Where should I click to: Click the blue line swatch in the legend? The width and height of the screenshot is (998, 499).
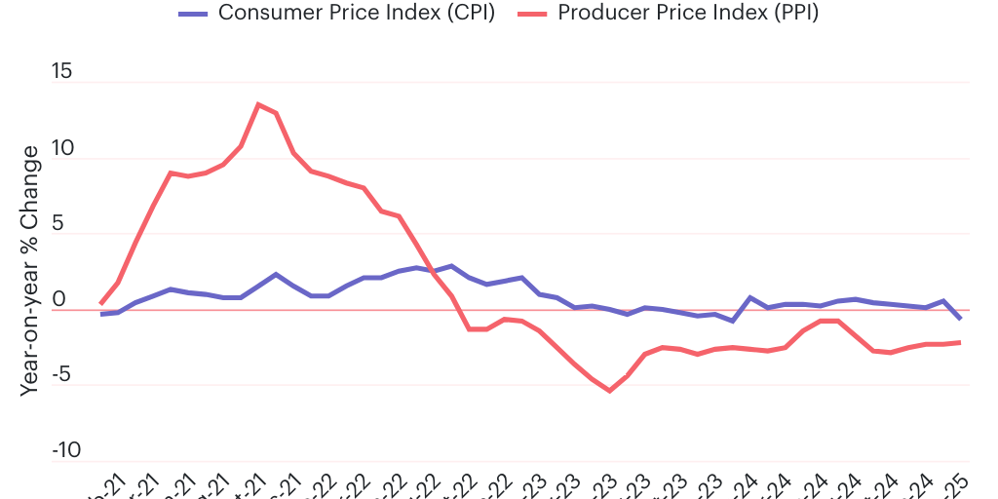click(194, 14)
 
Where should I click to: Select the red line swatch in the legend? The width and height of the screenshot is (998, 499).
click(533, 14)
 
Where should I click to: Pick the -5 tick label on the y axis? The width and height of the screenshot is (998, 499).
click(62, 375)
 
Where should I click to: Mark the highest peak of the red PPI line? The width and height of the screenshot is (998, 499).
click(258, 104)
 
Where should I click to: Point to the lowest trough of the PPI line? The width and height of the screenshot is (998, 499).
click(610, 391)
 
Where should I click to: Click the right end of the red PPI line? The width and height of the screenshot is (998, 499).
click(961, 342)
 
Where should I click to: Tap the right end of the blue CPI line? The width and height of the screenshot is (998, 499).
click(961, 319)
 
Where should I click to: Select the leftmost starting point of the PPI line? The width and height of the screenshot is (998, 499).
click(101, 304)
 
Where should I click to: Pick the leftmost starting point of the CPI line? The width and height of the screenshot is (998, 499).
click(101, 314)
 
